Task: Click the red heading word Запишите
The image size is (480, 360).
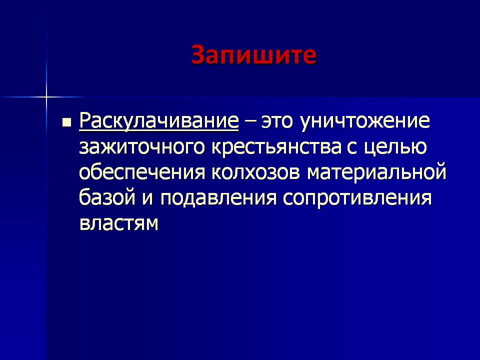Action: point(254,55)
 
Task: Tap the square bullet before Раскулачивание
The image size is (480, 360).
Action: point(66,122)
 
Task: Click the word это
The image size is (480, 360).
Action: point(277,121)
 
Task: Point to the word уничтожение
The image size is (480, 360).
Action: point(365,121)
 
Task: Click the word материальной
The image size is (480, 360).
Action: point(376,171)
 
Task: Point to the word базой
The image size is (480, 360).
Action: point(107,197)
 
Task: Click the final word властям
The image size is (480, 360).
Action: point(119,223)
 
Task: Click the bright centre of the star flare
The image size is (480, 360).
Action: point(46,97)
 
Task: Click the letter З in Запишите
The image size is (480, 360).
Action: point(198,55)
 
